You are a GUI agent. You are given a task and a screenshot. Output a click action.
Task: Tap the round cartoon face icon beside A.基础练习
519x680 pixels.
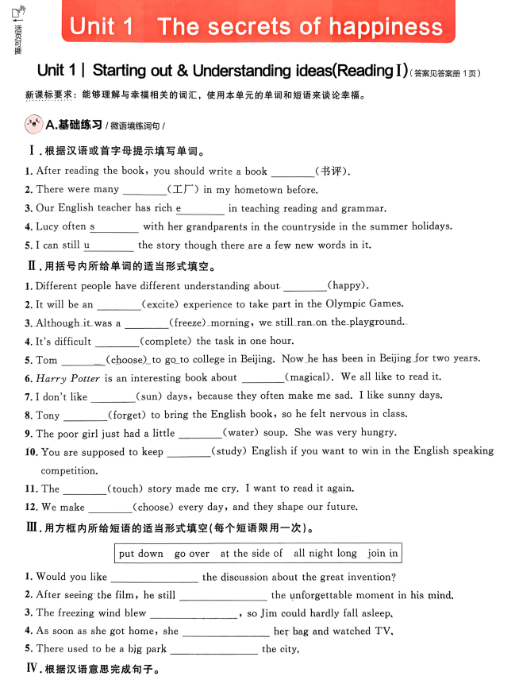(x=34, y=125)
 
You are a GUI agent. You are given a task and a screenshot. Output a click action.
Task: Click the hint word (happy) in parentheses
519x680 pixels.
(x=348, y=285)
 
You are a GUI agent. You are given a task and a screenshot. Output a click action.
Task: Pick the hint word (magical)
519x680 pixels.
(x=309, y=377)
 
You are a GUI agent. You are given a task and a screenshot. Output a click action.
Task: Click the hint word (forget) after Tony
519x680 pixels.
(x=127, y=414)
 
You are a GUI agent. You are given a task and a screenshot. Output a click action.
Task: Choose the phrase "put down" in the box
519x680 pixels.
(x=140, y=554)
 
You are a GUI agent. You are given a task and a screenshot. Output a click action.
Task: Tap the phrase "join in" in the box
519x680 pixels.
(x=383, y=554)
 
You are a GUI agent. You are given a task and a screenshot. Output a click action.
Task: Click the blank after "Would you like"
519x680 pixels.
(x=154, y=578)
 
